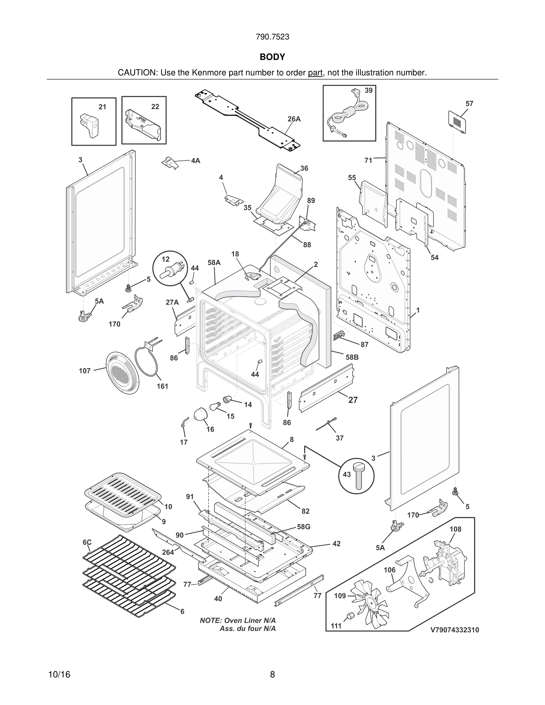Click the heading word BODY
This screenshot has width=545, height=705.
pos(272,57)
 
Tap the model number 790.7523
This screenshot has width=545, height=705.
pos(272,37)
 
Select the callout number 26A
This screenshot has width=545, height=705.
pos(294,119)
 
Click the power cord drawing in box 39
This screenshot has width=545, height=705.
pos(347,116)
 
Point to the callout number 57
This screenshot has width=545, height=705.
pos(469,104)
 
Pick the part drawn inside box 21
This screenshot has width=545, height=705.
pos(89,125)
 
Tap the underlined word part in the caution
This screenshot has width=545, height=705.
pos(315,73)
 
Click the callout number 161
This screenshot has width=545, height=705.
pos(162,386)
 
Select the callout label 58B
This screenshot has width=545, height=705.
pos(352,357)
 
